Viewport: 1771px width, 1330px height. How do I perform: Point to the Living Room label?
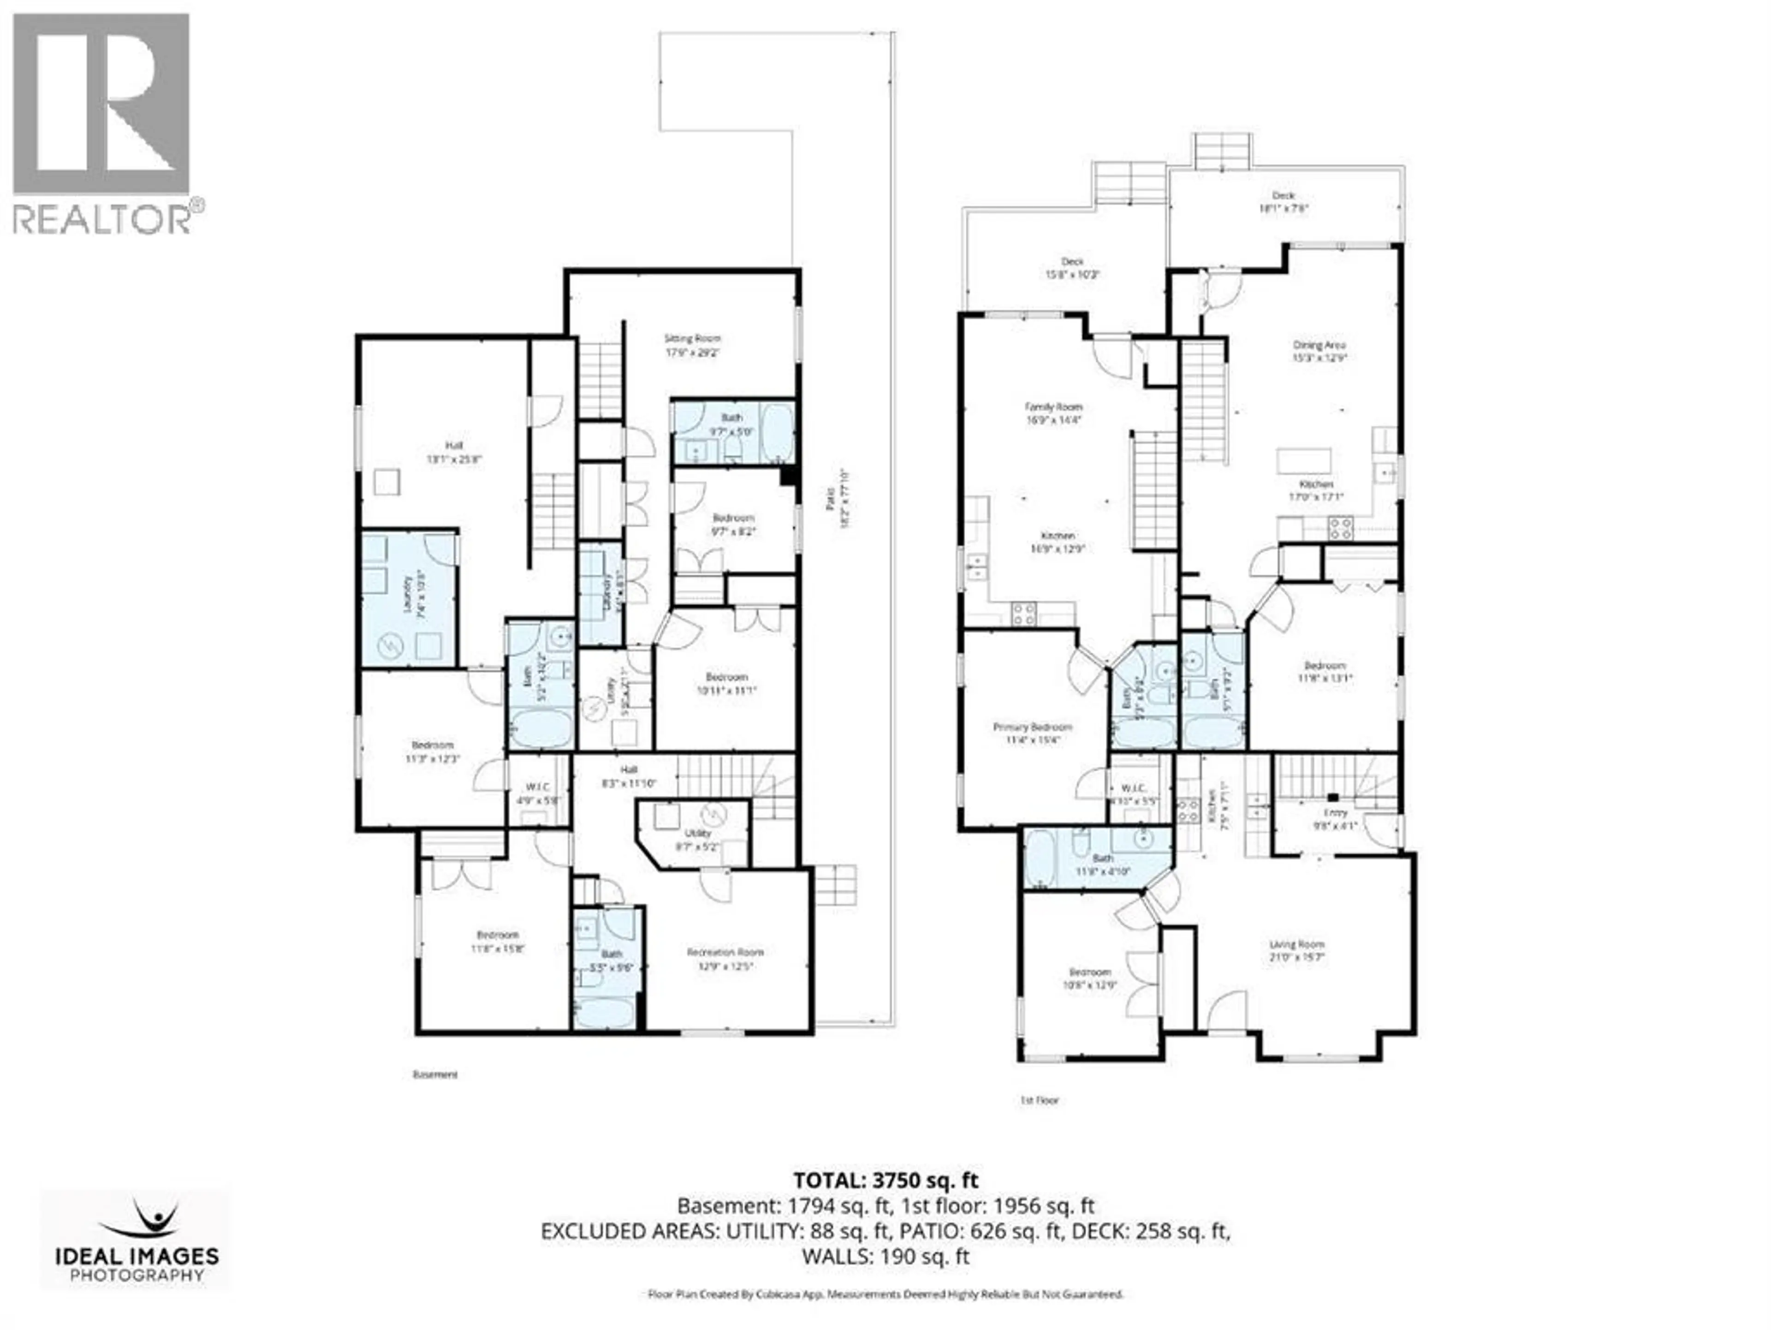[x=1296, y=950]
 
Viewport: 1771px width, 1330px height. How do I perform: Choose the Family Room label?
[x=1054, y=412]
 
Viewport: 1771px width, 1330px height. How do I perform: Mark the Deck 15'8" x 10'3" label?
[x=1072, y=268]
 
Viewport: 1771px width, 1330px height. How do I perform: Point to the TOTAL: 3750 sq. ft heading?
[x=885, y=1180]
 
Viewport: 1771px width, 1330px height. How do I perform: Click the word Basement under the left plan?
[x=435, y=1074]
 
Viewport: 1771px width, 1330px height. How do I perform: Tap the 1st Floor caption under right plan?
[x=1039, y=1100]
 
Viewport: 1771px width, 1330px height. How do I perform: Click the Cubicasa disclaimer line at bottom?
[x=885, y=1293]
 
